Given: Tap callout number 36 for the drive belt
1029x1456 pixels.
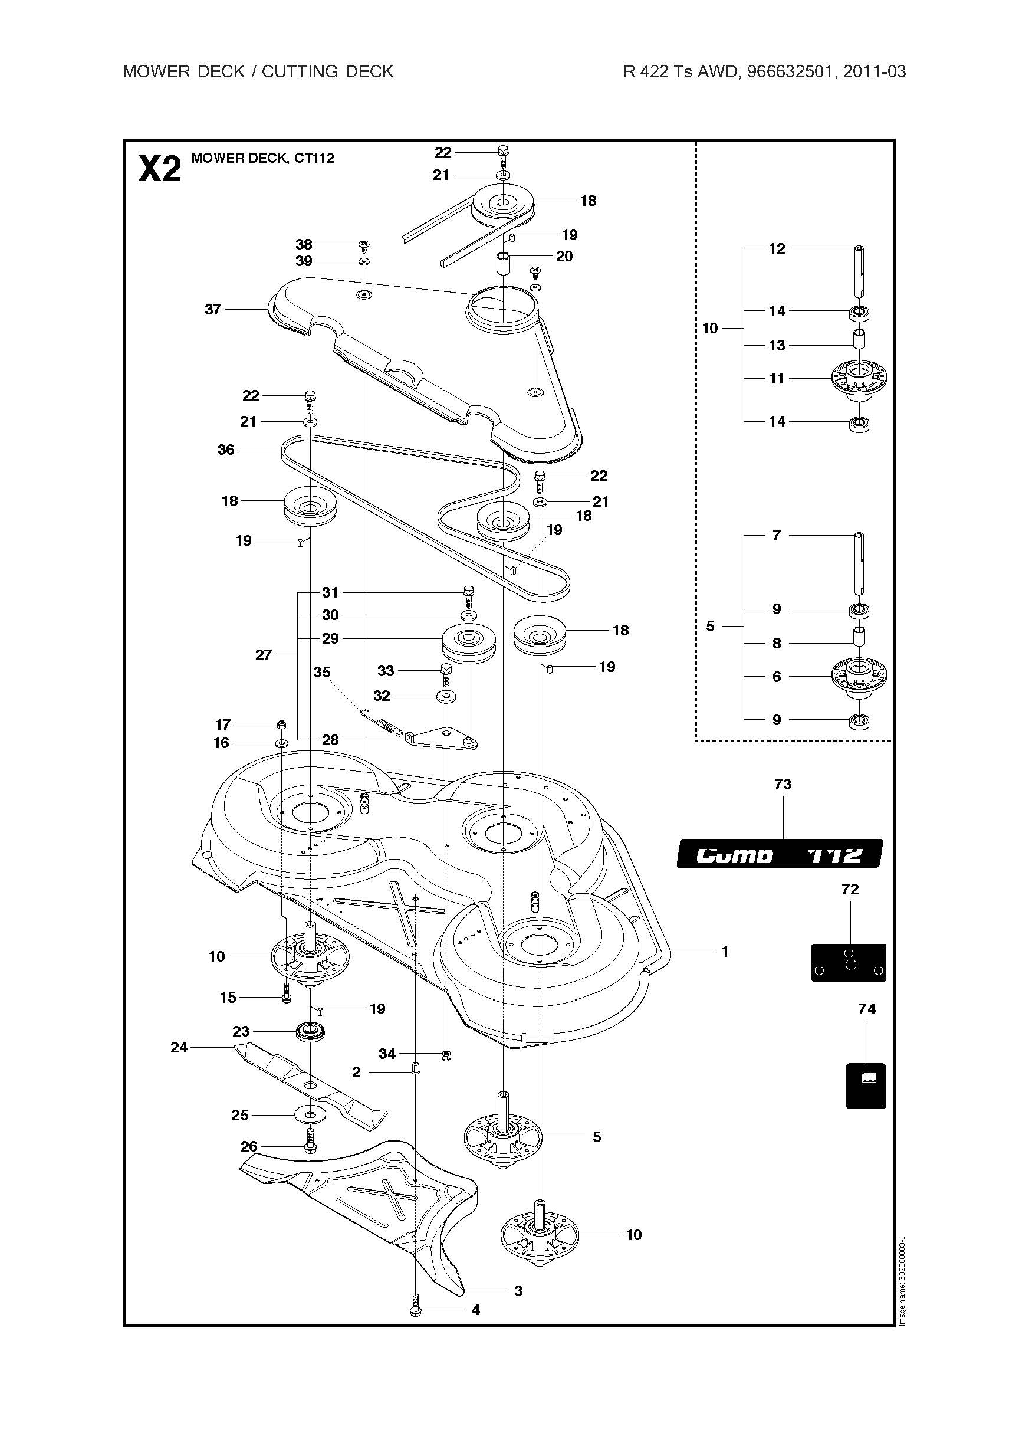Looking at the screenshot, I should coord(226,450).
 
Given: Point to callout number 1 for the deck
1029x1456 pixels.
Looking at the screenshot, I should coord(725,952).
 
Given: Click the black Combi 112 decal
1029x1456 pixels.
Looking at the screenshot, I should coord(779,854).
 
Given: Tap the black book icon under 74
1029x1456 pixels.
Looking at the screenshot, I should coord(866,1086).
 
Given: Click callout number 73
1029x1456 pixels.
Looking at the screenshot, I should coord(783,785).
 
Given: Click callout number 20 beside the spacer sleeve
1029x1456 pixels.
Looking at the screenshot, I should coord(564,256).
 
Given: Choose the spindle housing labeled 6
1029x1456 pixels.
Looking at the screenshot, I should coord(859,677).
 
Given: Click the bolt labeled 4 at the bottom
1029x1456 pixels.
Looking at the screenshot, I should coord(416,1310).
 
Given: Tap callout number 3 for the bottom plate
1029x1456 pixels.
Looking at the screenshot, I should coord(518,1290).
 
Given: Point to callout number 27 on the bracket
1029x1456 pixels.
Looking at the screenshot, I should coord(264,655).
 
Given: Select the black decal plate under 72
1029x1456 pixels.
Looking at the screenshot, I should coord(849,963).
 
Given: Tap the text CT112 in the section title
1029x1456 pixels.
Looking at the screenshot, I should coord(314,158).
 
